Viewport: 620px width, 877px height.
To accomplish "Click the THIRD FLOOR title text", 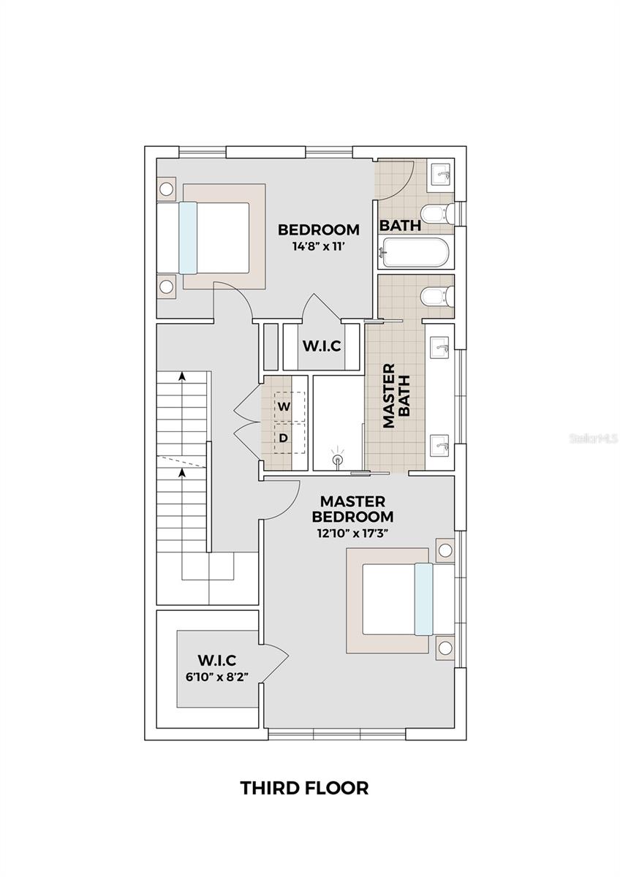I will click(304, 788).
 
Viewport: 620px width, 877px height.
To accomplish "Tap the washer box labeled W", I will click(284, 406).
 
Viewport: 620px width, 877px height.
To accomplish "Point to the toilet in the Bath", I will click(439, 213).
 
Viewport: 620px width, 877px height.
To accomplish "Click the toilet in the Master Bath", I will click(437, 296).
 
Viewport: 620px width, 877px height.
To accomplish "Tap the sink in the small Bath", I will click(442, 173).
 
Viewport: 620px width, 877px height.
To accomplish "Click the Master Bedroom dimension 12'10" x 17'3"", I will click(352, 533).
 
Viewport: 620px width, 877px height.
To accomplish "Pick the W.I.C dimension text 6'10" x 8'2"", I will click(218, 677).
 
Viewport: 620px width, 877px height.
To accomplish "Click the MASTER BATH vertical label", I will click(396, 395).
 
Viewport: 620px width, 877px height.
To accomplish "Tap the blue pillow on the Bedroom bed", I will click(188, 238).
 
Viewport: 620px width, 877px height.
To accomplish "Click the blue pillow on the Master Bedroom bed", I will click(424, 599).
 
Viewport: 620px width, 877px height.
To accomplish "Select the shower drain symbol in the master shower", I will click(338, 460).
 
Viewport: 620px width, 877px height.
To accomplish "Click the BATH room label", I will click(400, 226).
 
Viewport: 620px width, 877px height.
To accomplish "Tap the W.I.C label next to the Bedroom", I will click(322, 346).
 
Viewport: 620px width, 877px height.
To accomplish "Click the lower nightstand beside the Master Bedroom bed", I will click(445, 648).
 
